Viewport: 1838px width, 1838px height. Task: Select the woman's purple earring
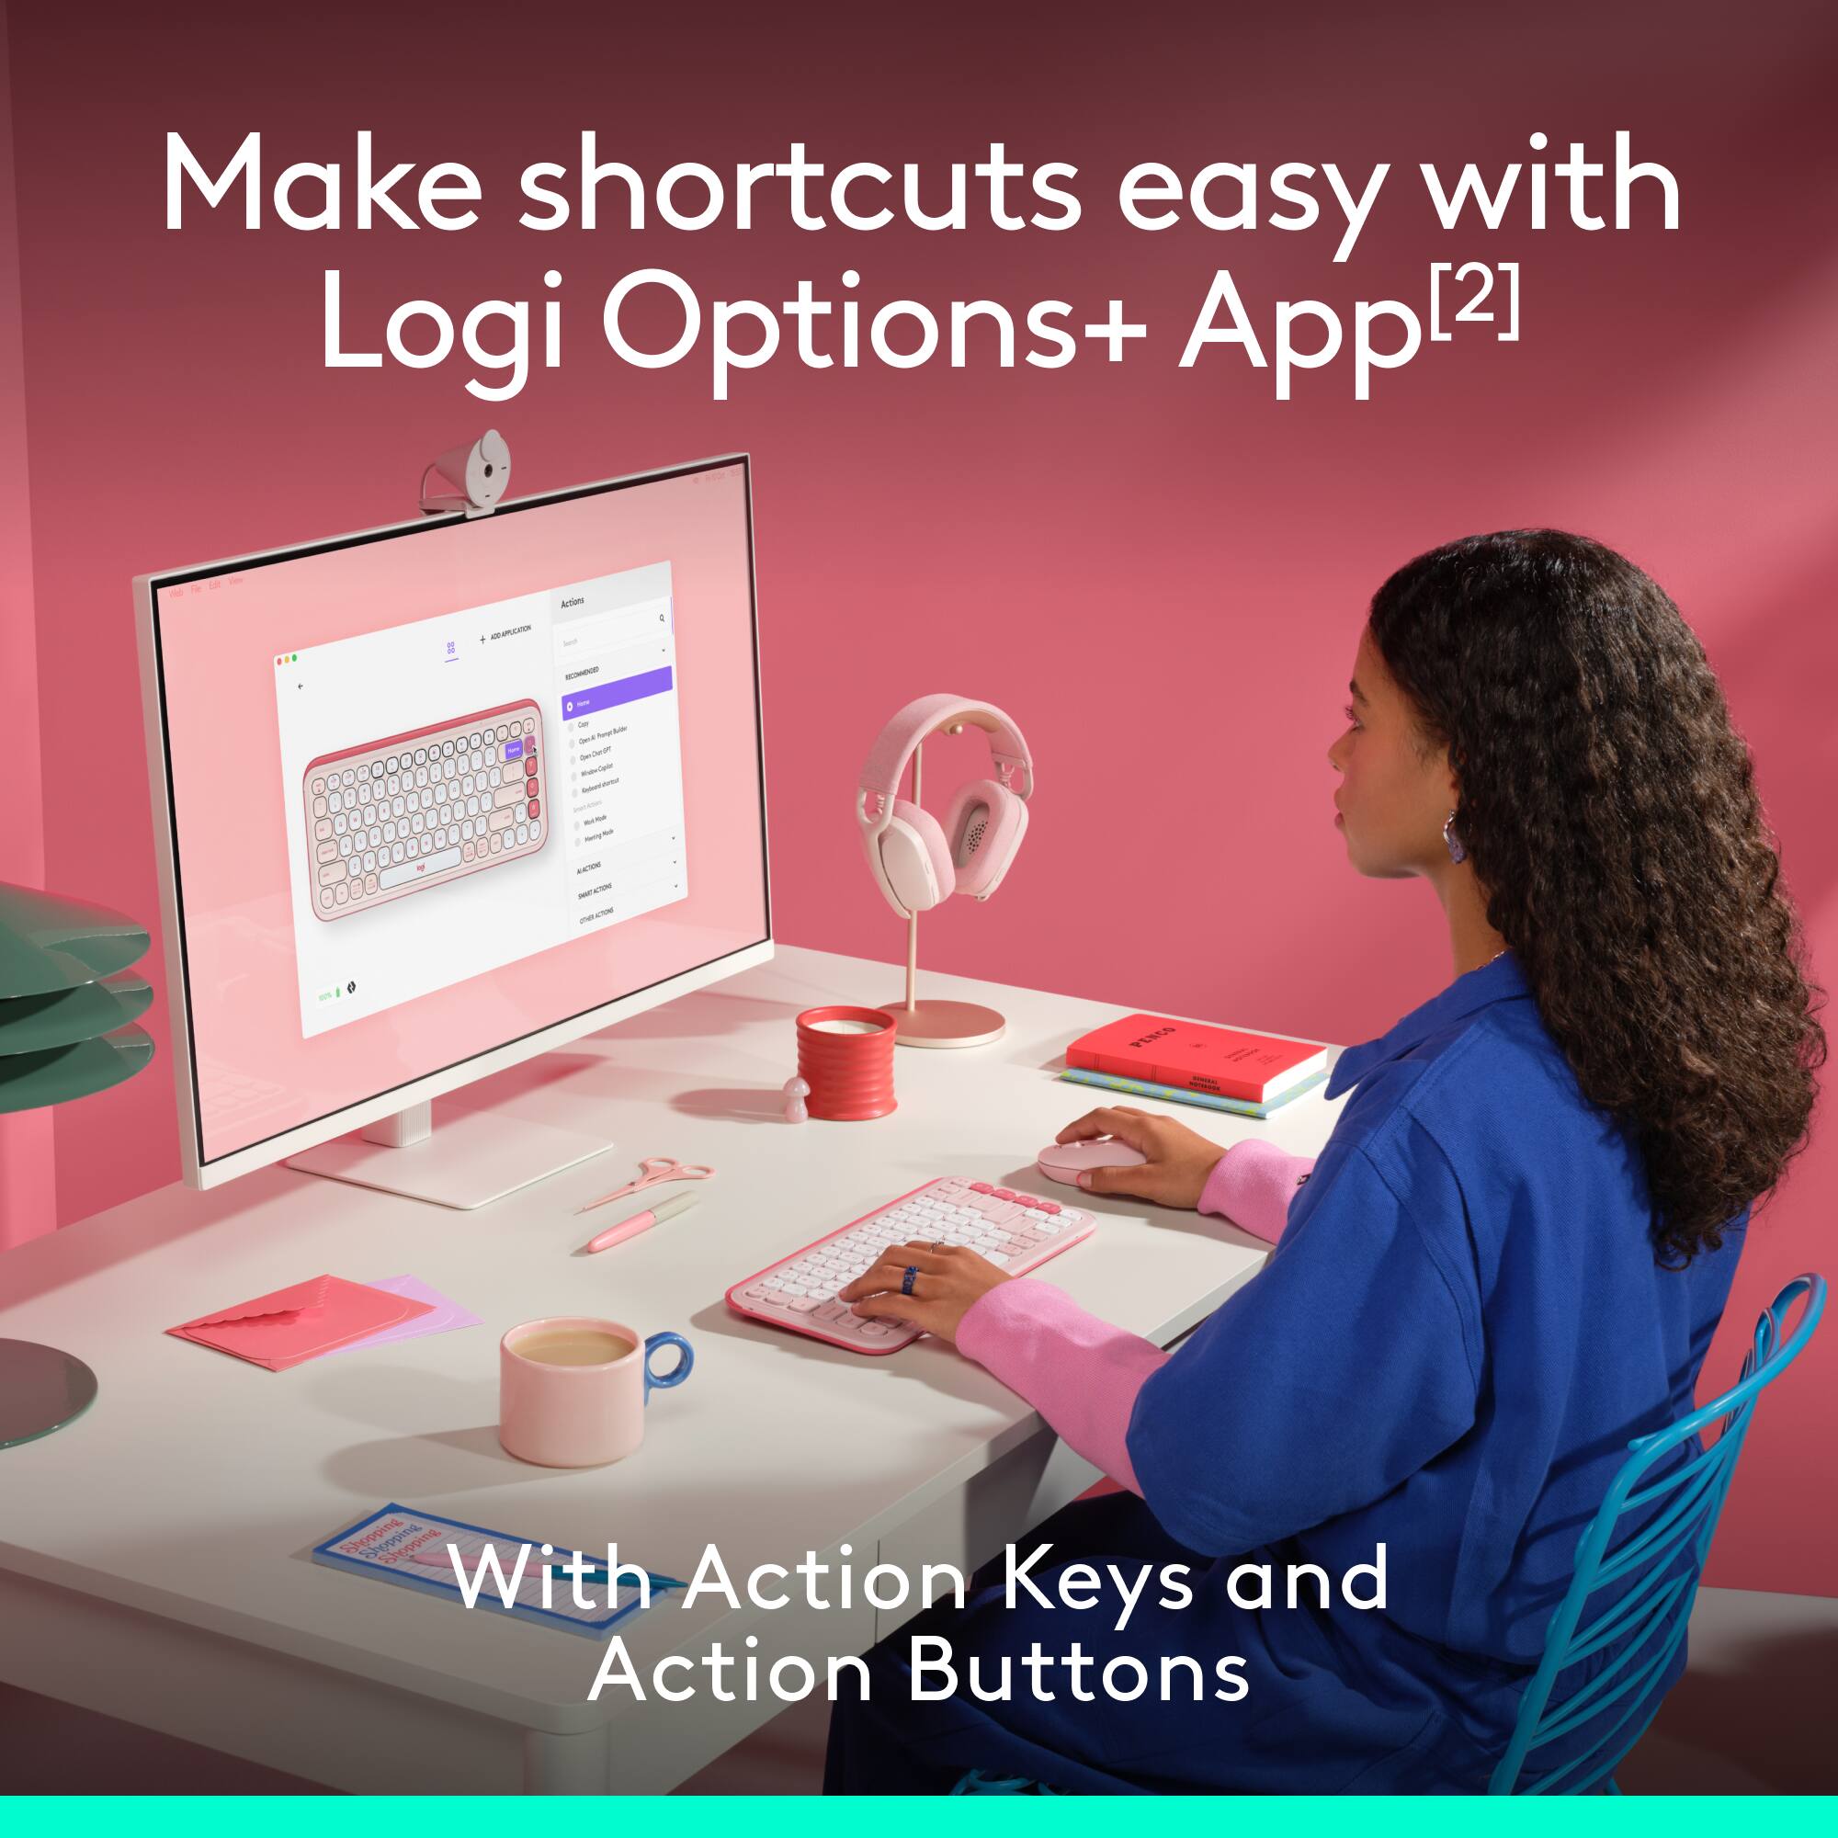[1454, 836]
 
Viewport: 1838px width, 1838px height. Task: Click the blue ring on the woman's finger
[910, 1279]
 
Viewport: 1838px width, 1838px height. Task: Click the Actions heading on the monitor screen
[573, 602]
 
